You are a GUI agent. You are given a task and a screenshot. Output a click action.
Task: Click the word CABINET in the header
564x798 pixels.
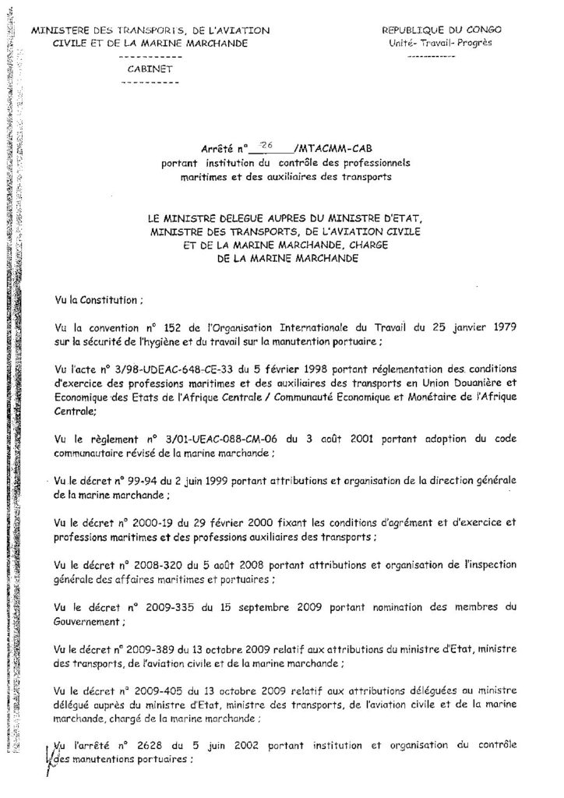pyautogui.click(x=151, y=69)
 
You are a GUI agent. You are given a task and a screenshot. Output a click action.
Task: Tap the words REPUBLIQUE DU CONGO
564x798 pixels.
pyautogui.click(x=442, y=30)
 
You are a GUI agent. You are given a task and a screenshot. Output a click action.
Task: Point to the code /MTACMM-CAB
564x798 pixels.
pyautogui.click(x=327, y=148)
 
